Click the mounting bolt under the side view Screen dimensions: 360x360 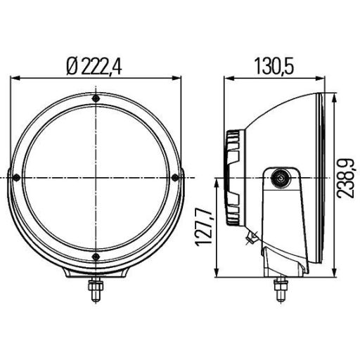[281, 288]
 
